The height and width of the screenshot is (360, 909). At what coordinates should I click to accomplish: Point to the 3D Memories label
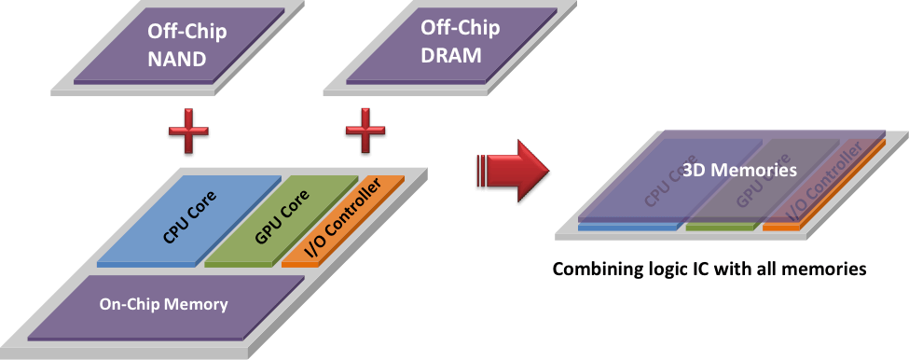pos(740,172)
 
